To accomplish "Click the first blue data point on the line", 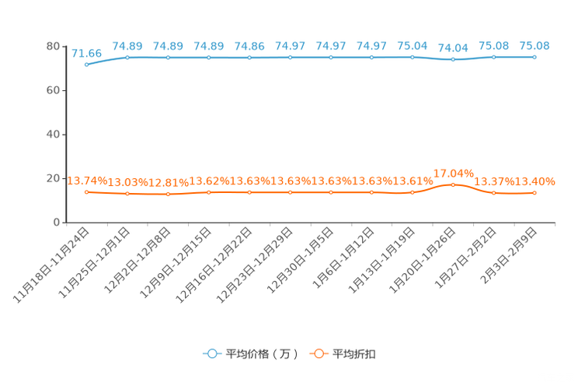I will click(x=87, y=65).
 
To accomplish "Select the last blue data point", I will click(x=534, y=57).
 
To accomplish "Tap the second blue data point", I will click(x=127, y=57).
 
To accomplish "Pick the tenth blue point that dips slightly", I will click(x=453, y=60).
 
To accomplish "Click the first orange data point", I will click(x=87, y=191).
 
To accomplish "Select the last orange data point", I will click(x=534, y=192).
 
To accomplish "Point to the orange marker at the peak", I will click(x=453, y=184).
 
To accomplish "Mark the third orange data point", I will click(x=169, y=194).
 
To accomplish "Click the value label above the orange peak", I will click(x=453, y=172).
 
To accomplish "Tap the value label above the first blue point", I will click(x=86, y=53).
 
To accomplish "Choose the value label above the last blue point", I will click(x=534, y=45).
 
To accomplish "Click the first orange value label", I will click(x=86, y=179).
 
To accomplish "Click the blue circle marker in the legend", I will click(x=211, y=354).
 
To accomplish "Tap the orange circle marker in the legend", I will click(x=319, y=354).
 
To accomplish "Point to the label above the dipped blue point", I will click(x=453, y=48).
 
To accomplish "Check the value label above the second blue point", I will click(x=127, y=45).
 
